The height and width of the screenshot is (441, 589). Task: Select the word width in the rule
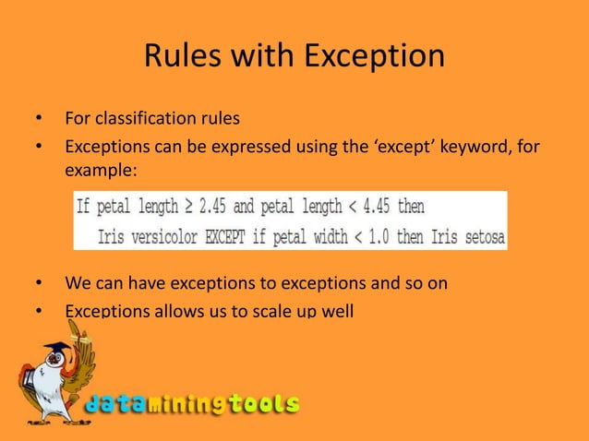[325, 236]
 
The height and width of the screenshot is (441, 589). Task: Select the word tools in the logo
[264, 403]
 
